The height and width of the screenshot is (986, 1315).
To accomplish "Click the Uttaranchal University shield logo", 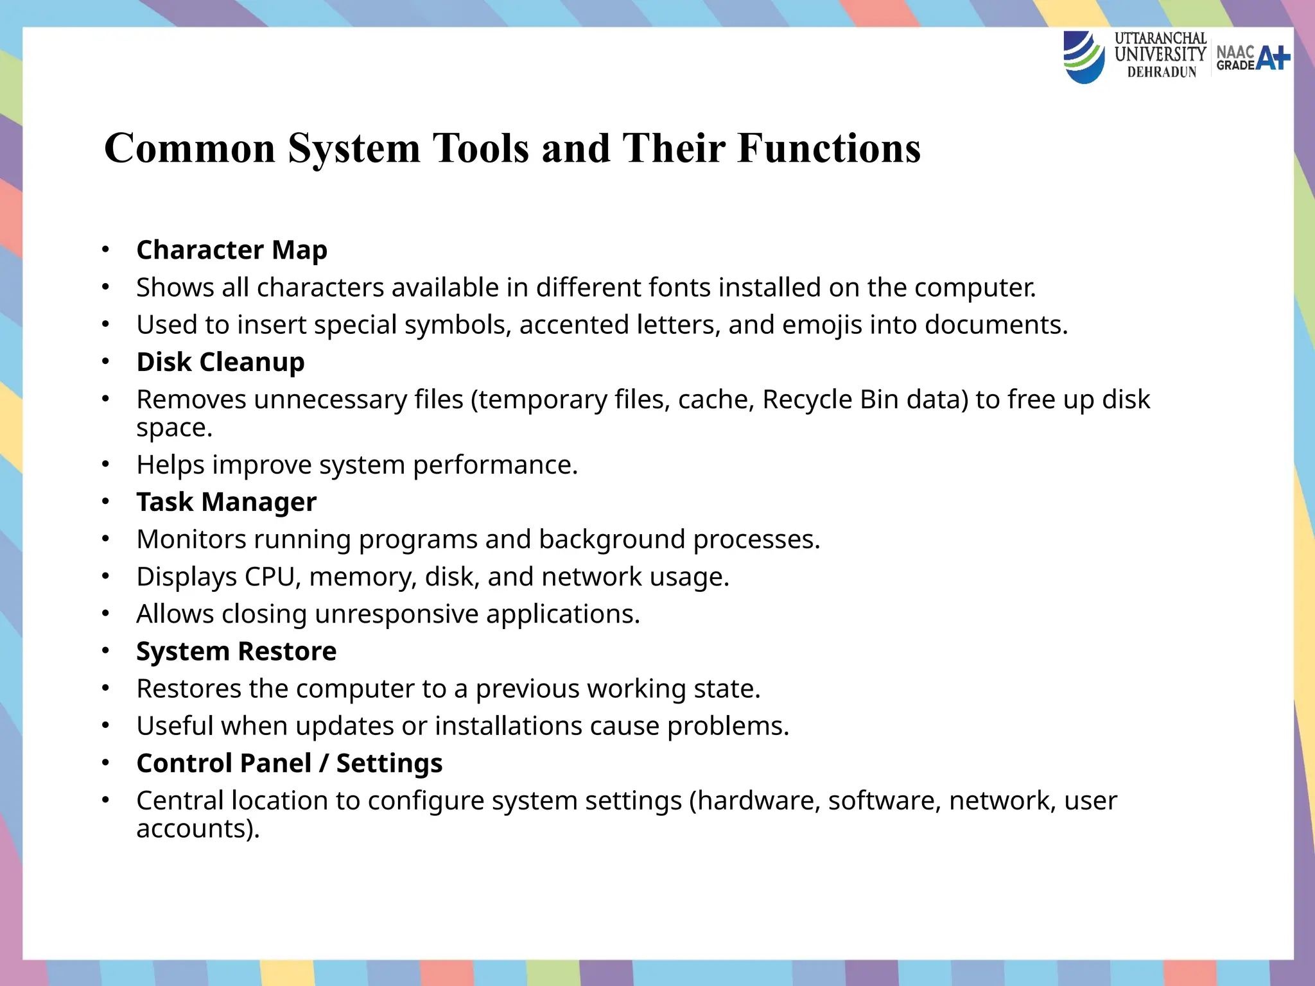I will [1084, 58].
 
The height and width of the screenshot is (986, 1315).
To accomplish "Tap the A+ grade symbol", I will [1273, 58].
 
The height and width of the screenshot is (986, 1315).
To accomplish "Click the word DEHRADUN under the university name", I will [1162, 73].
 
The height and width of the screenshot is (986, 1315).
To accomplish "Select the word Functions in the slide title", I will [829, 148].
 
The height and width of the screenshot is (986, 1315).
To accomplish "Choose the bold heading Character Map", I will [232, 250].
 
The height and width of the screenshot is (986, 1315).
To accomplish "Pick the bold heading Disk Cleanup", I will [220, 362].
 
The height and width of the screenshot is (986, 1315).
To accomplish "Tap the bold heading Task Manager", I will [226, 502].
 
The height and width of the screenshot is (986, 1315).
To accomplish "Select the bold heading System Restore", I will [236, 652].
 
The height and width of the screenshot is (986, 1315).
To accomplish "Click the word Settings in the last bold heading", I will [389, 763].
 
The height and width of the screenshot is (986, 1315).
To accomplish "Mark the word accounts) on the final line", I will [198, 829].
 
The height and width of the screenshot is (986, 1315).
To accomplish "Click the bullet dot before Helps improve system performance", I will [106, 464].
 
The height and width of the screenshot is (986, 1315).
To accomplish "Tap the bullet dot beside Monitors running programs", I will [106, 539].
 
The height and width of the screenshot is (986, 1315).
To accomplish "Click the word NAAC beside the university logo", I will [1235, 51].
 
